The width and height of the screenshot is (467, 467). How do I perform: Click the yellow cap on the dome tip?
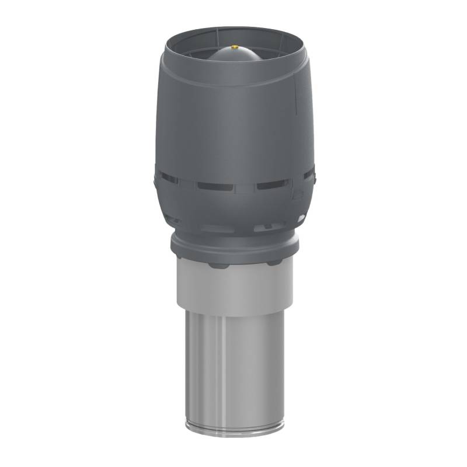[235, 47]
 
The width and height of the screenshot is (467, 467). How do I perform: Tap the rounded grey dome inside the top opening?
[235, 56]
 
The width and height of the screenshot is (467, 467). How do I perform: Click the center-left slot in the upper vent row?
[215, 186]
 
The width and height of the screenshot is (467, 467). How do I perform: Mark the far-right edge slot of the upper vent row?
[310, 173]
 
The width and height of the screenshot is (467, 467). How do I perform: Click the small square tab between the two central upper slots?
[245, 188]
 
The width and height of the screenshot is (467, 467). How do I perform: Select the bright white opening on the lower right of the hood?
[301, 218]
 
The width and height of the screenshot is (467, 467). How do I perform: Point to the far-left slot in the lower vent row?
[173, 219]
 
